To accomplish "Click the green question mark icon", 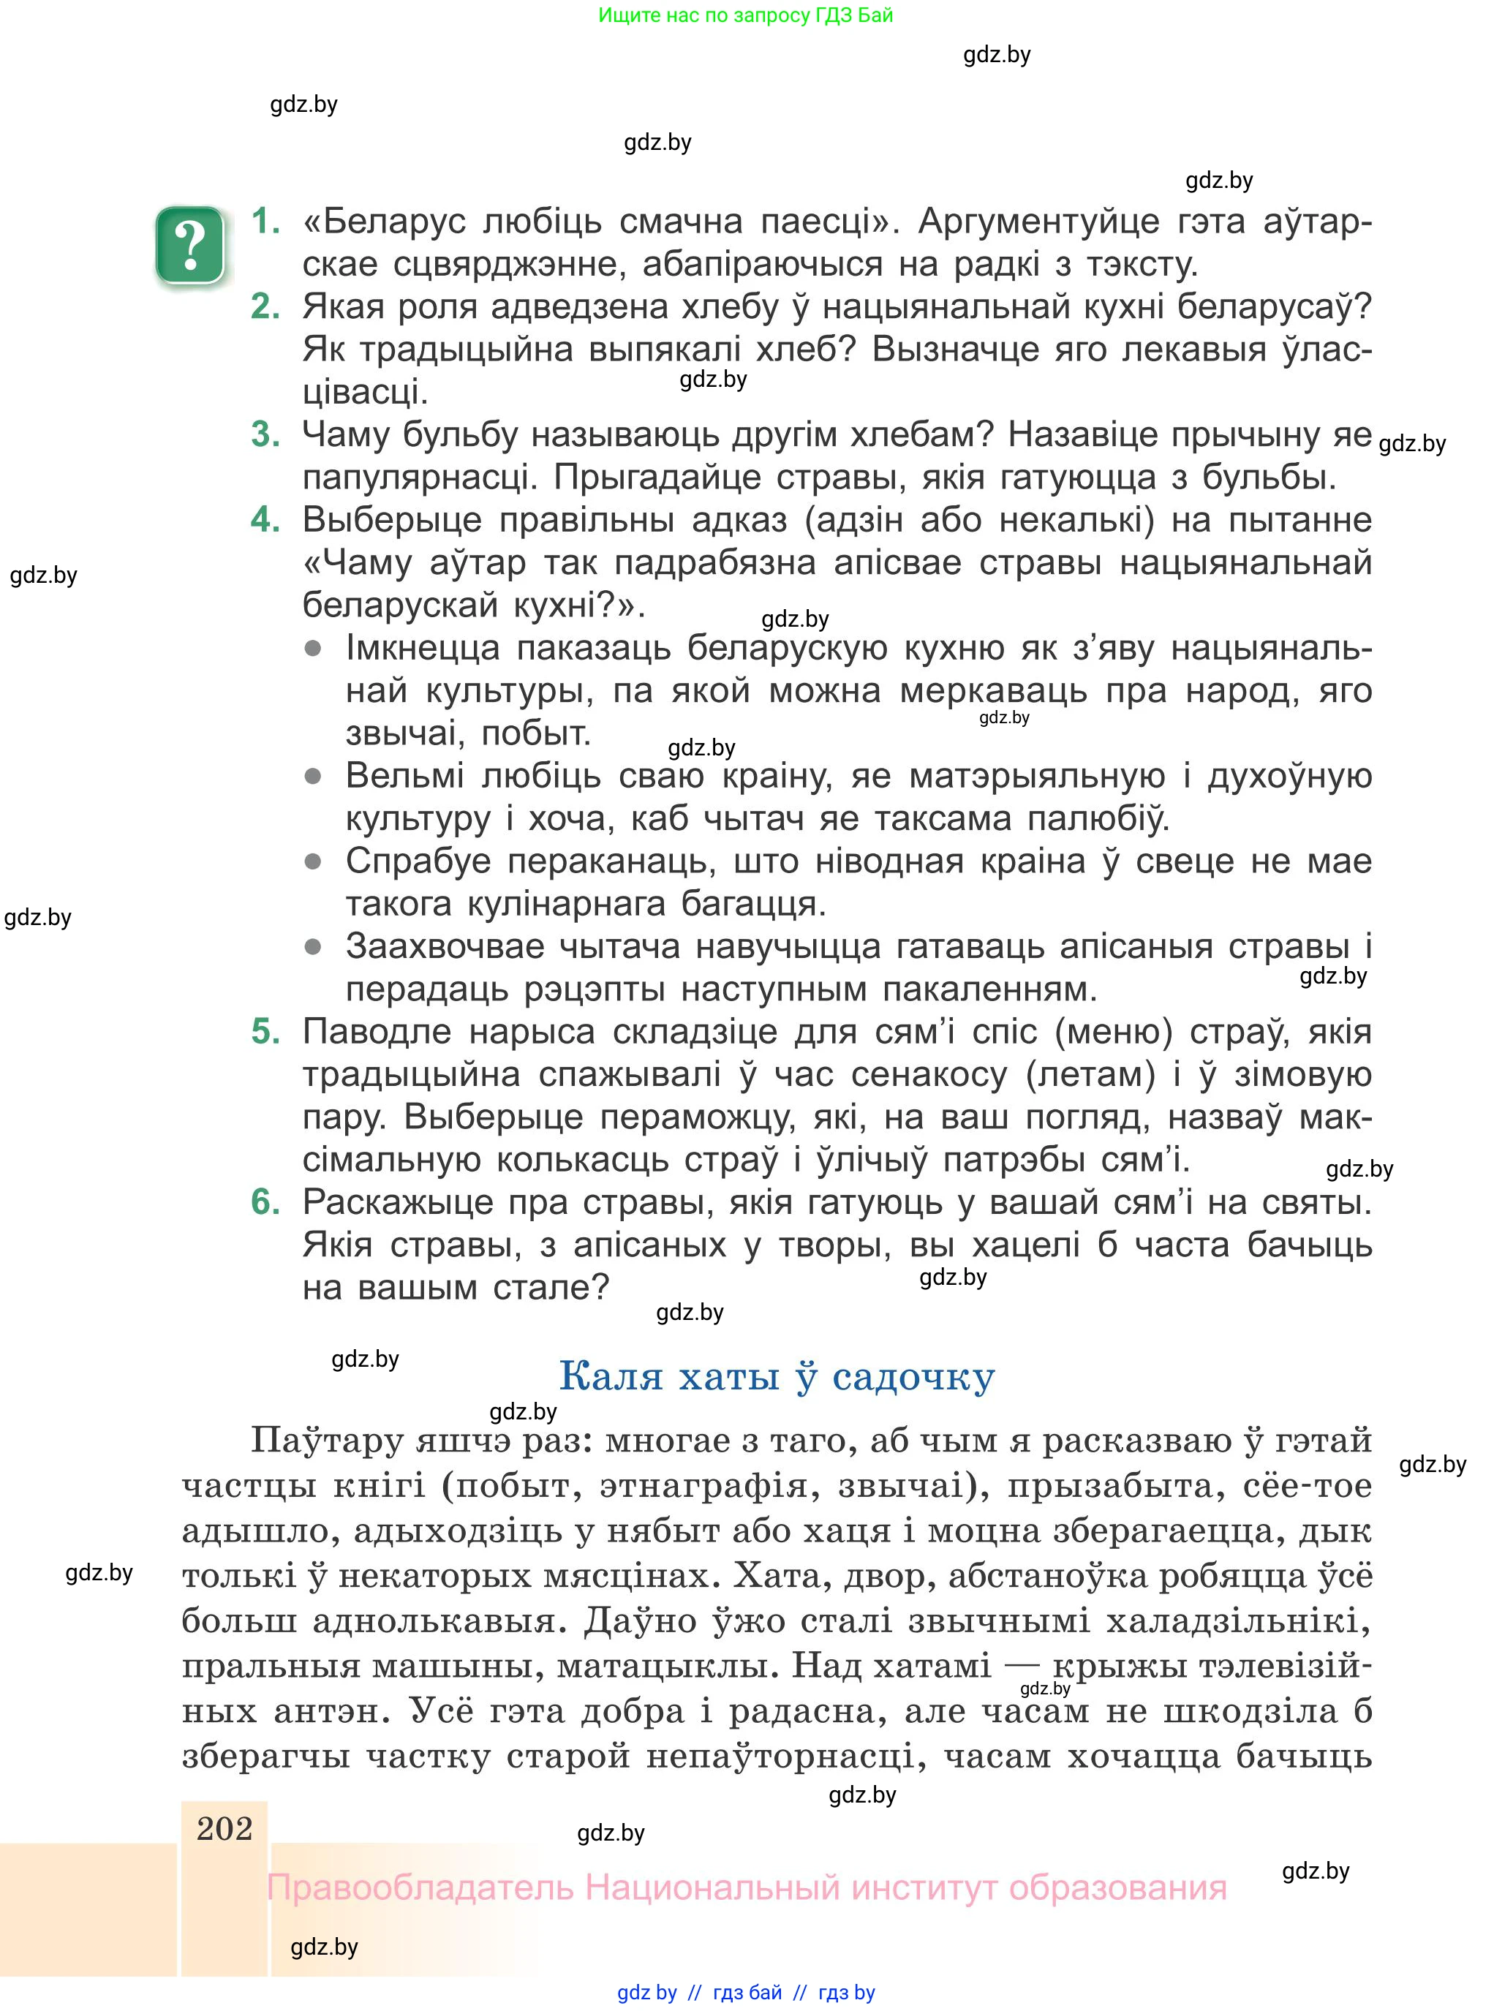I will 190,245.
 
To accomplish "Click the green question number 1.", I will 265,222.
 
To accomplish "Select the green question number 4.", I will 265,520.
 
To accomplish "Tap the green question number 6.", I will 265,1201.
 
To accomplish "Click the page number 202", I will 225,1828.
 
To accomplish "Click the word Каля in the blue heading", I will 611,1377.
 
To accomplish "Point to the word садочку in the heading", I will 913,1377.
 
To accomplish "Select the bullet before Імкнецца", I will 313,649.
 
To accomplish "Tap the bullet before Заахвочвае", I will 313,947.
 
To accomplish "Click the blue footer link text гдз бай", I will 747,1993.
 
